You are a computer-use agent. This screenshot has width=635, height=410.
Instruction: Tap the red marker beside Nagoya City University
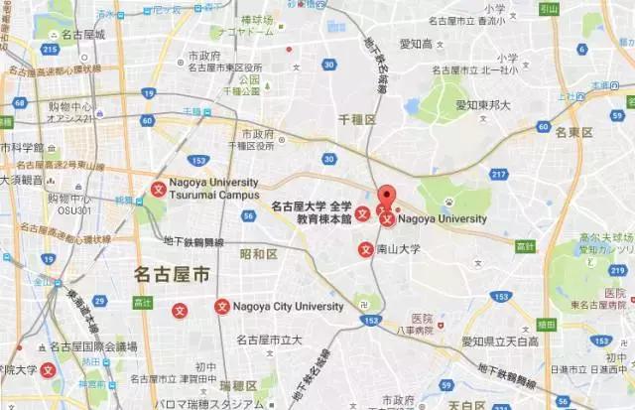(x=222, y=307)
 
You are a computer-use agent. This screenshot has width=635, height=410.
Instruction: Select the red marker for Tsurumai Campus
(x=158, y=190)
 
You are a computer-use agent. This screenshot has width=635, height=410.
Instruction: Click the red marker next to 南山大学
(x=365, y=249)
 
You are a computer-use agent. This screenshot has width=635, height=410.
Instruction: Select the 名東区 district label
(x=574, y=132)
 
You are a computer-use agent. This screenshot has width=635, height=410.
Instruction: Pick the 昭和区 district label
(x=258, y=254)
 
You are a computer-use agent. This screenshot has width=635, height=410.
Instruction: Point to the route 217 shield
(x=494, y=175)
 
